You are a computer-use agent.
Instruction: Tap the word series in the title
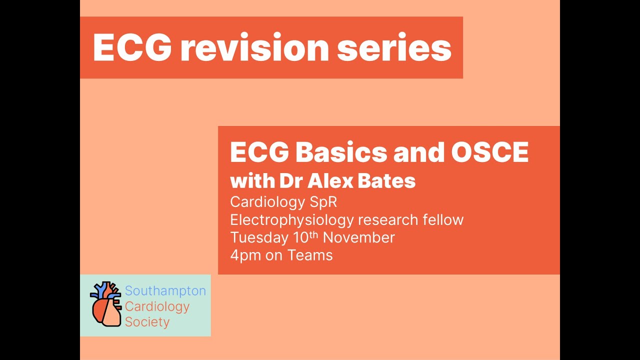pyautogui.click(x=394, y=48)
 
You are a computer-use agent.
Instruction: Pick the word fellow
pyautogui.click(x=440, y=219)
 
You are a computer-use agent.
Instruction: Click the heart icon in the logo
pyautogui.click(x=106, y=304)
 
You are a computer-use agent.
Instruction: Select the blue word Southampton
pyautogui.click(x=165, y=290)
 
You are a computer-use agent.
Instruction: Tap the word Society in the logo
pyautogui.click(x=147, y=322)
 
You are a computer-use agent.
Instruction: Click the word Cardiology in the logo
pyautogui.click(x=157, y=306)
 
